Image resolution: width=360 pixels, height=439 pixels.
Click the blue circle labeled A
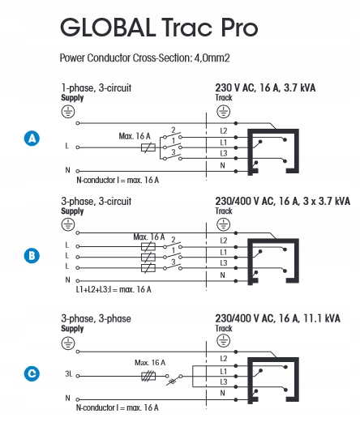32,139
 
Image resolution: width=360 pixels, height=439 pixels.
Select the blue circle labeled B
32,256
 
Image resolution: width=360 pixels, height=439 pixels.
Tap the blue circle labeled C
32,373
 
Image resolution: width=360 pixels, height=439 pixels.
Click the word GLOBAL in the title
108,28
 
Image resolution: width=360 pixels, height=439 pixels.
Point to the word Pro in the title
239,28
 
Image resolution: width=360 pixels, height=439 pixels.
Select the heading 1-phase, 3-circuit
96,88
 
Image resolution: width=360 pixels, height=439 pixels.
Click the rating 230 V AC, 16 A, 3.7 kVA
265,88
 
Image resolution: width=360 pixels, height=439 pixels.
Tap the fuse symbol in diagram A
148,147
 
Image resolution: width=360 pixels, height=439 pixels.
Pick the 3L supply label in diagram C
69,374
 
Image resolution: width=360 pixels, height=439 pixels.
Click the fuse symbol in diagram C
148,377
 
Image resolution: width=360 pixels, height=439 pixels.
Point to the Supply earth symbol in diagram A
68,112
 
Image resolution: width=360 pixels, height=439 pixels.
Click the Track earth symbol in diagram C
224,341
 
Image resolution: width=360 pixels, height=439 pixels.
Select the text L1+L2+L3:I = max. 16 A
114,289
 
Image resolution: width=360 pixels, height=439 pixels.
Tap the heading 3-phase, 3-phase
96,318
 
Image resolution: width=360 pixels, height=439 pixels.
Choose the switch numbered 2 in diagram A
173,134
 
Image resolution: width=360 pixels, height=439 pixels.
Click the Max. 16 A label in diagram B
149,237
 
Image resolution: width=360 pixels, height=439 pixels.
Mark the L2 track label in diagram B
224,241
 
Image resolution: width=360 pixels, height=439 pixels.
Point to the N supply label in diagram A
67,170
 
